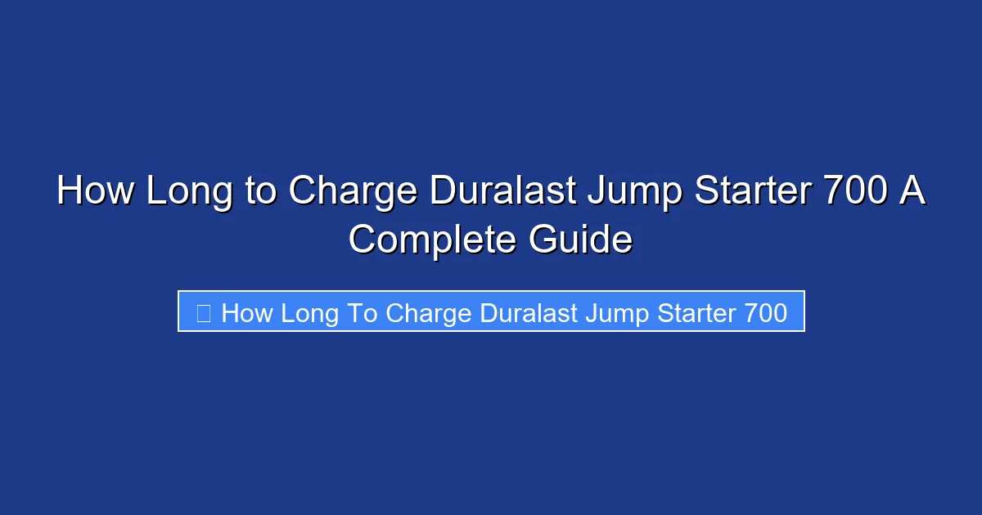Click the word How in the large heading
pos(95,192)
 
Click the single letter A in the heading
pos(913,192)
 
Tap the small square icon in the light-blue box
pos(204,312)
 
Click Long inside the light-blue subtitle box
pos(310,312)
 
